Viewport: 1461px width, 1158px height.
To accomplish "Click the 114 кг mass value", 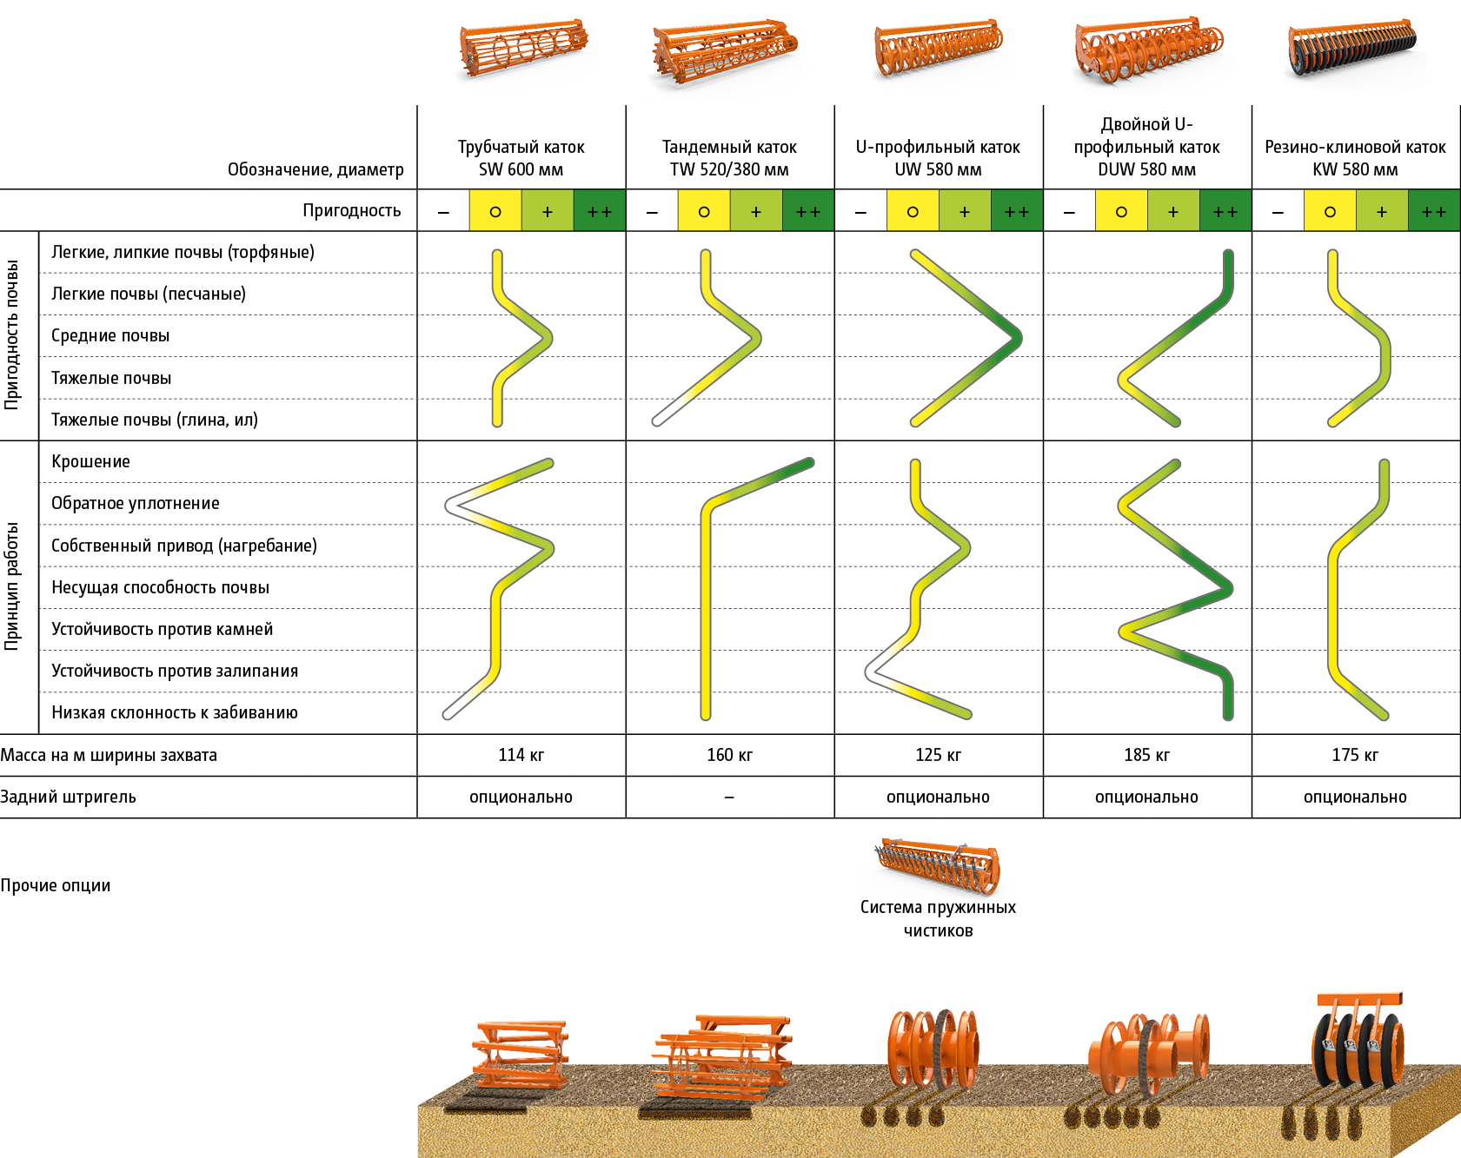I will coord(521,755).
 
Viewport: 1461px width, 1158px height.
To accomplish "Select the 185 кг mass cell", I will coord(1146,755).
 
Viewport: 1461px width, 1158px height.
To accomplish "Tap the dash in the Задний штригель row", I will coord(729,797).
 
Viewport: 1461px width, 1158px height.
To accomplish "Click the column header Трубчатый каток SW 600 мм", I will coord(521,158).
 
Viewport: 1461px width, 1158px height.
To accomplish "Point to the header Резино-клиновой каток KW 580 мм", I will coord(1355,158).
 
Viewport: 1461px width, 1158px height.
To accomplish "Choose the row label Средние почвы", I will coord(110,335).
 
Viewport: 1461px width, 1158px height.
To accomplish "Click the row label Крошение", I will coord(90,461).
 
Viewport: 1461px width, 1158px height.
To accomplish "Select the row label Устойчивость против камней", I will coord(162,629).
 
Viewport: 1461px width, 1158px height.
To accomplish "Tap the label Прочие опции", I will coord(56,885).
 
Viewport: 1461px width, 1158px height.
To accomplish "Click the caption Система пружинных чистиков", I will coord(938,919).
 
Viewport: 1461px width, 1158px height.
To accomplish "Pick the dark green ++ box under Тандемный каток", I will coord(807,211).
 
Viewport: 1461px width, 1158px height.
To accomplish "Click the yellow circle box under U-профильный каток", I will coord(913,211).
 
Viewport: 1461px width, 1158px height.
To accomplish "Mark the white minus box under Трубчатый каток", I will coord(443,211).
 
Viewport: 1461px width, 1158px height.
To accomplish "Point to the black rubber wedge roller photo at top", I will coord(1354,54).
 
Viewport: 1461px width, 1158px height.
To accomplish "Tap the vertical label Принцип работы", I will coord(12,586).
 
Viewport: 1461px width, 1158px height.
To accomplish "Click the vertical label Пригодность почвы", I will coord(12,334).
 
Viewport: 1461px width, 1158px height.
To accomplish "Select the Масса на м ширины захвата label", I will coord(109,755).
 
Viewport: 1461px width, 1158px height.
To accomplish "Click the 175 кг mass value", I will coord(1355,755).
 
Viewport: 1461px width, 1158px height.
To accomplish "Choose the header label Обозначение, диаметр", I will coord(315,169).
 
